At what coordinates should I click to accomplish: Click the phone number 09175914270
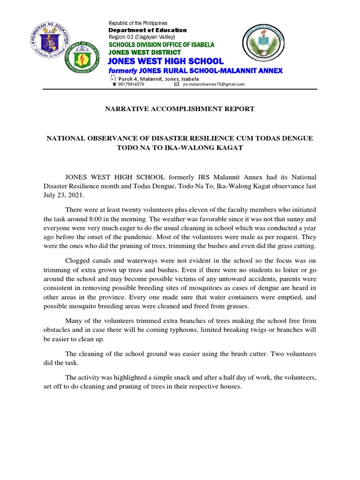coord(131,84)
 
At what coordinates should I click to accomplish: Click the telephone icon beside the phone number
coord(114,84)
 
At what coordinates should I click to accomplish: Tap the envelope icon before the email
coord(176,84)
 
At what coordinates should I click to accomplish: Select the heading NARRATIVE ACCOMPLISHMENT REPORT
coord(179,109)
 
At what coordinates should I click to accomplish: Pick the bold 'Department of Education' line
coord(148,30)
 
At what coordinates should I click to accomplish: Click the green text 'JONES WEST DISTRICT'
coord(144,52)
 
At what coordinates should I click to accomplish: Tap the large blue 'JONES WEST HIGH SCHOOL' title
coord(166,61)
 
